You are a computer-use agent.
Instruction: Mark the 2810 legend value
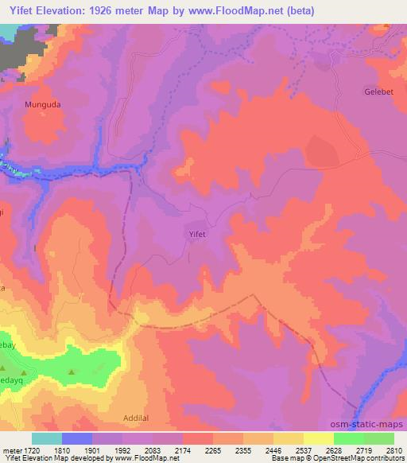tap(395, 451)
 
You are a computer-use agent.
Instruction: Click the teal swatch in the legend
tap(47, 438)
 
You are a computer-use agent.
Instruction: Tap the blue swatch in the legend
tap(77, 438)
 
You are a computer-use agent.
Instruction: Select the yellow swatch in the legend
tap(318, 438)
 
